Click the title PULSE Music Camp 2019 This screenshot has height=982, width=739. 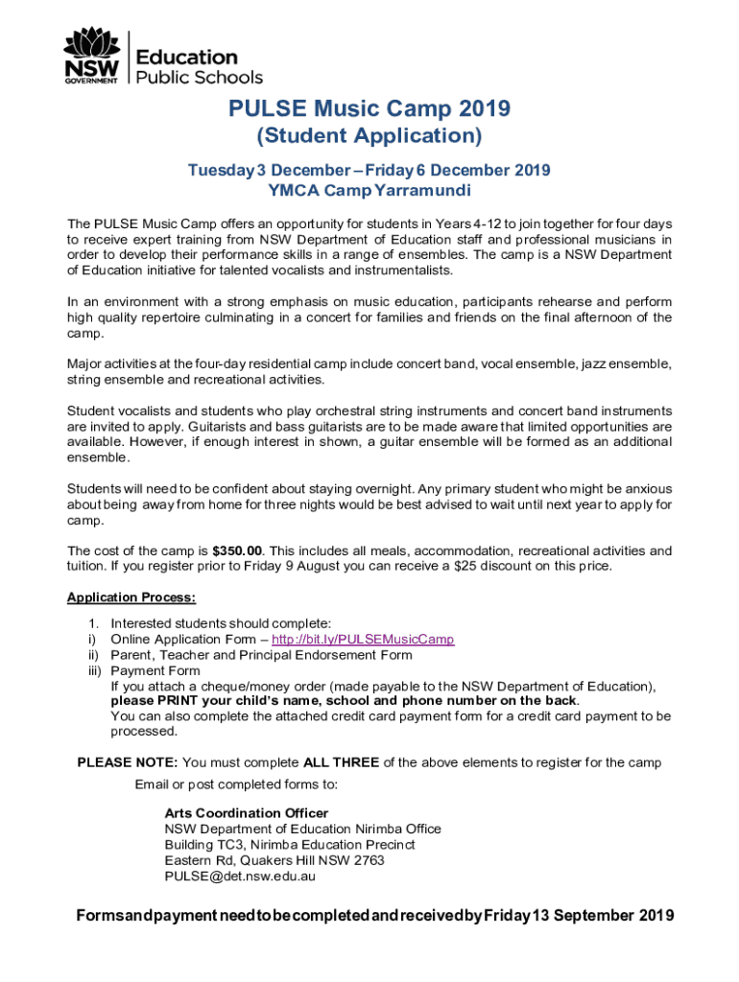369,109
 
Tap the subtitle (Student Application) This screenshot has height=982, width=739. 369,136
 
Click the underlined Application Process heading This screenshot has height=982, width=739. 131,597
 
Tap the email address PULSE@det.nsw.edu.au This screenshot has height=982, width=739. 240,876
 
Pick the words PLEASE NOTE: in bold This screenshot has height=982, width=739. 128,762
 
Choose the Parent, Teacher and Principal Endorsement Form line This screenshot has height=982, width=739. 261,655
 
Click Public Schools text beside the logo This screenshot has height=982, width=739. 200,77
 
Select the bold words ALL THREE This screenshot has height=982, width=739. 341,762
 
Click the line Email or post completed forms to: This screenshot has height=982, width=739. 236,784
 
